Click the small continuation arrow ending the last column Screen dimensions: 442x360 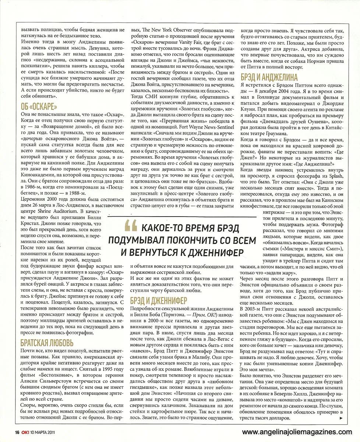pos(341,419)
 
